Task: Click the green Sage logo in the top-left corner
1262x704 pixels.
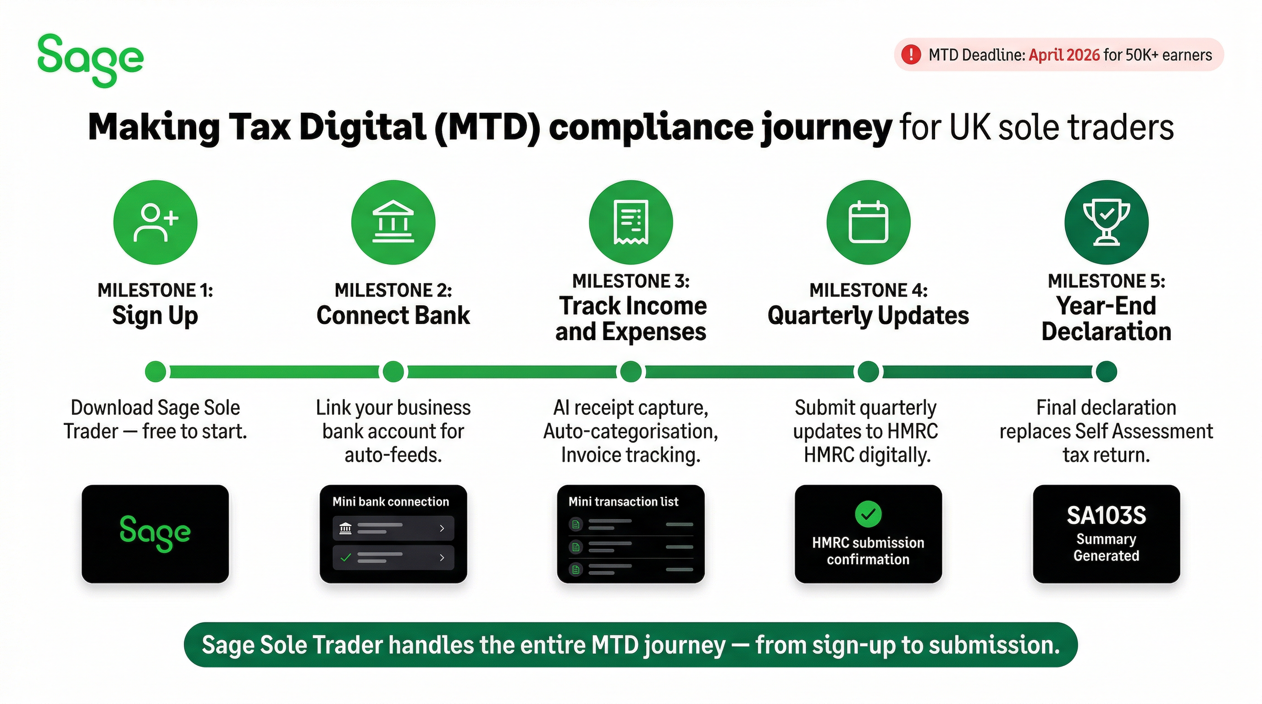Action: coord(91,60)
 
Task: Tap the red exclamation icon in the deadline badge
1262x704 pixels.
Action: coord(911,55)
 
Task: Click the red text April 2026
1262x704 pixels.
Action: coord(1064,55)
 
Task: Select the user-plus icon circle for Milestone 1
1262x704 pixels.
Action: coord(155,222)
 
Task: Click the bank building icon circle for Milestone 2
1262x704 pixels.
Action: coord(393,222)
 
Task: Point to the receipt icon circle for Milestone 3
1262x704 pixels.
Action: coord(631,222)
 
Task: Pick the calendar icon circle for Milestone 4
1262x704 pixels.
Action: coord(869,222)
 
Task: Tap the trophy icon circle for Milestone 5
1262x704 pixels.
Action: coord(1107,222)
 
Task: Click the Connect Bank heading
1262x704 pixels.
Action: coord(393,315)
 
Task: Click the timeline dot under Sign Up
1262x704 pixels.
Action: coord(156,372)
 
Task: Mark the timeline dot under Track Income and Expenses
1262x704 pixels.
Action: coord(631,372)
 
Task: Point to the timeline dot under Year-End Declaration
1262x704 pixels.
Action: coord(1107,372)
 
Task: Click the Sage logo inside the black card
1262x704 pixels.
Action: coord(155,533)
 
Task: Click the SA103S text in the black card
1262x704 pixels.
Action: coord(1107,516)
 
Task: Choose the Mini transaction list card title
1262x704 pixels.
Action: coord(624,502)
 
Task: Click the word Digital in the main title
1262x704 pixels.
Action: coord(363,127)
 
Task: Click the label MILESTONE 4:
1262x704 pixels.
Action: coord(869,290)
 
